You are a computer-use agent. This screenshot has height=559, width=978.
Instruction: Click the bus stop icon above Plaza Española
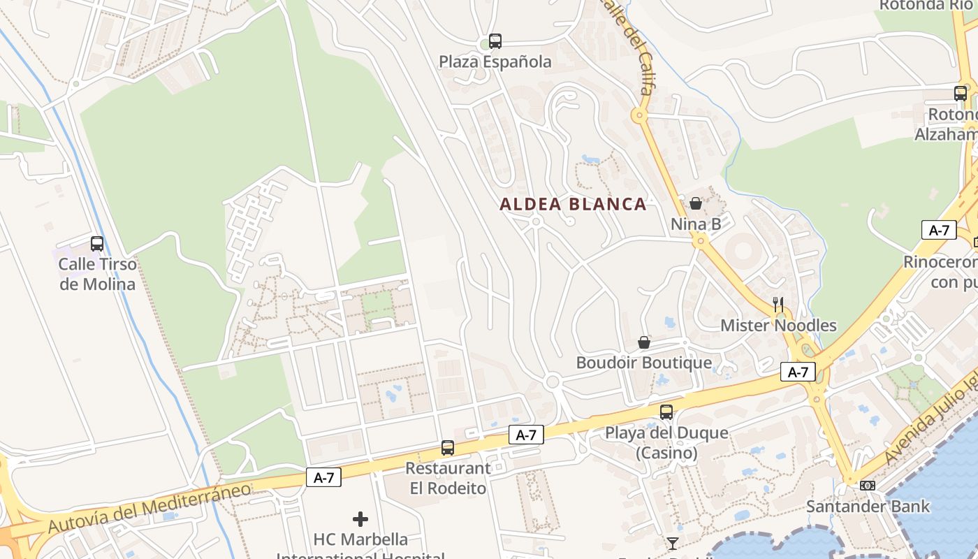pyautogui.click(x=495, y=41)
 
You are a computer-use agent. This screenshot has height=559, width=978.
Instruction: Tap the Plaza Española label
pyautogui.click(x=495, y=62)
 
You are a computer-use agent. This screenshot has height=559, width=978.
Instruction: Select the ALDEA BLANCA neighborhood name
pyautogui.click(x=573, y=205)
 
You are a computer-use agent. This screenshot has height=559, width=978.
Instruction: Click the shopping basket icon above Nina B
pyautogui.click(x=696, y=203)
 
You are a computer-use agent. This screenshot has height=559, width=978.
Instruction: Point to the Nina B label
pyautogui.click(x=696, y=224)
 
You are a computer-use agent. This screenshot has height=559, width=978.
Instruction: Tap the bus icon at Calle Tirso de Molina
pyautogui.click(x=97, y=244)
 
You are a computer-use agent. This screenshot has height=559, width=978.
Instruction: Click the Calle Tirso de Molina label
pyautogui.click(x=97, y=274)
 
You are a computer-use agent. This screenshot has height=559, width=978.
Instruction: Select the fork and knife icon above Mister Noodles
pyautogui.click(x=778, y=305)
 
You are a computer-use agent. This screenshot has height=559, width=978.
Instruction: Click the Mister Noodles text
pyautogui.click(x=778, y=326)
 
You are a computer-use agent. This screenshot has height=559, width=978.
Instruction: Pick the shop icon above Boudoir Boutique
pyautogui.click(x=644, y=342)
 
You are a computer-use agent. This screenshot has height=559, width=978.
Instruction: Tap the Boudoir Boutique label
pyautogui.click(x=644, y=363)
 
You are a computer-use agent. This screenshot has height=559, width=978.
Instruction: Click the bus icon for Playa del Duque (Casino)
pyautogui.click(x=666, y=412)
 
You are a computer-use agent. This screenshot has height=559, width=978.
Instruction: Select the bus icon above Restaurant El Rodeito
pyautogui.click(x=448, y=448)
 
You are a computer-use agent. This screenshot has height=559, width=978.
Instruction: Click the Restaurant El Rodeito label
pyautogui.click(x=448, y=478)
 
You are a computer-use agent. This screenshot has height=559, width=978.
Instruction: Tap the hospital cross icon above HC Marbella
pyautogui.click(x=360, y=519)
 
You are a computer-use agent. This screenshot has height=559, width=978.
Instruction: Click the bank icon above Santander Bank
pyautogui.click(x=868, y=485)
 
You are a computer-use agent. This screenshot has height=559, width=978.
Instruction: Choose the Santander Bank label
pyautogui.click(x=868, y=507)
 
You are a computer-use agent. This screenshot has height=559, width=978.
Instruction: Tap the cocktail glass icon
pyautogui.click(x=673, y=543)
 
